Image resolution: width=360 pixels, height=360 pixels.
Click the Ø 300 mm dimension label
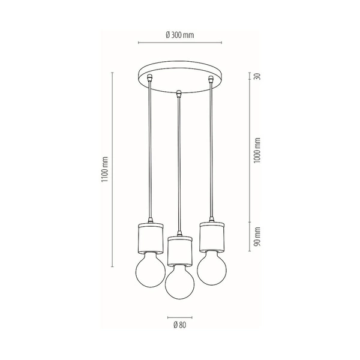(x=179, y=34)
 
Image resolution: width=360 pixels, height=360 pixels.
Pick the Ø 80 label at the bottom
(x=179, y=326)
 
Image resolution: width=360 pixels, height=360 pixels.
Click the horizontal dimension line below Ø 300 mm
(x=179, y=43)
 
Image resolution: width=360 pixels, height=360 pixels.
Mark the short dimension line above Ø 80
(x=179, y=316)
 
